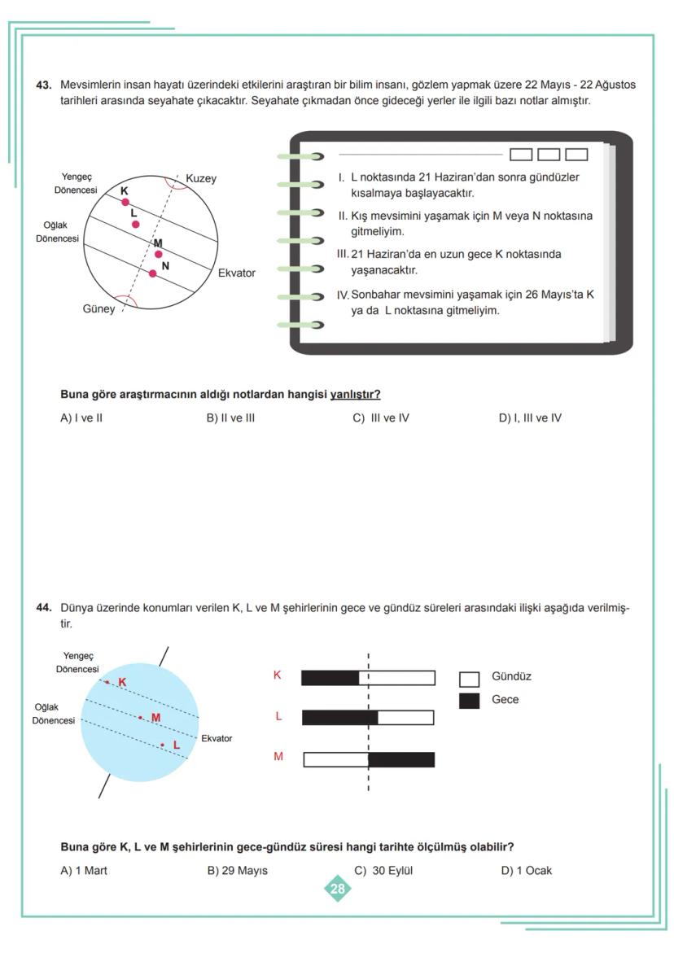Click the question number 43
pyautogui.click(x=44, y=85)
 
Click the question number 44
pyautogui.click(x=44, y=607)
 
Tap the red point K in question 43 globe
pyautogui.click(x=125, y=202)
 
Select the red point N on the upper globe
pyautogui.click(x=152, y=273)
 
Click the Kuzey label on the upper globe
pyautogui.click(x=201, y=178)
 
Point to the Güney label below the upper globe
pyautogui.click(x=98, y=309)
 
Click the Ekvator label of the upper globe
pyautogui.click(x=236, y=273)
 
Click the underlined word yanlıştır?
pyautogui.click(x=355, y=395)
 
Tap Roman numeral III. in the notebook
pyautogui.click(x=343, y=255)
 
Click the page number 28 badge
pyautogui.click(x=337, y=889)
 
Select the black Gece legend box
pyautogui.click(x=469, y=701)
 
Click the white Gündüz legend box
pyautogui.click(x=469, y=678)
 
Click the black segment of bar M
pyautogui.click(x=401, y=759)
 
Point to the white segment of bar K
pyautogui.click(x=397, y=678)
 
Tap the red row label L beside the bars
pyautogui.click(x=278, y=716)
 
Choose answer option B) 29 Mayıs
pyautogui.click(x=237, y=871)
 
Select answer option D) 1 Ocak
pyautogui.click(x=526, y=871)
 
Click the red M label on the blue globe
pyautogui.click(x=155, y=717)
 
